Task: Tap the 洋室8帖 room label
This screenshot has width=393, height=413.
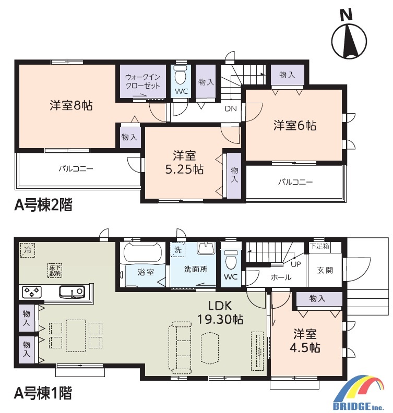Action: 71,105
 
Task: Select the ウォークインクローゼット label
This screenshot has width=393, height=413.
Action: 143,81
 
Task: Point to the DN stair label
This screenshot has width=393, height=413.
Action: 231,108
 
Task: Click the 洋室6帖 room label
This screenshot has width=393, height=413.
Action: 295,125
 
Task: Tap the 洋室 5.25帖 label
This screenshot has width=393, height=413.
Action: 185,163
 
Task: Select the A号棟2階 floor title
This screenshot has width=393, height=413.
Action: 43,205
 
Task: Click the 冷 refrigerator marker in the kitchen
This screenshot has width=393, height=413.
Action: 28,250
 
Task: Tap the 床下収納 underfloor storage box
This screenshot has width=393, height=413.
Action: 55,270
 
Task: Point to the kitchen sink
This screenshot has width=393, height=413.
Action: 72,292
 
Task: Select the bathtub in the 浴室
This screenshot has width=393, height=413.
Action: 142,252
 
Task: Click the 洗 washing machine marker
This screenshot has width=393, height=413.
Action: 177,250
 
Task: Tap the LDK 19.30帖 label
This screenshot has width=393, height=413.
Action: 220,313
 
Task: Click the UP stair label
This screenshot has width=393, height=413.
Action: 296,264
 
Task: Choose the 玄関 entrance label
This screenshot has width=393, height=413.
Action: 325,270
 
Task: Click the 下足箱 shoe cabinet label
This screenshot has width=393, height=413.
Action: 319,246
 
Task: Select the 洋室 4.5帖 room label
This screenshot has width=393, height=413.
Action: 305,341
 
